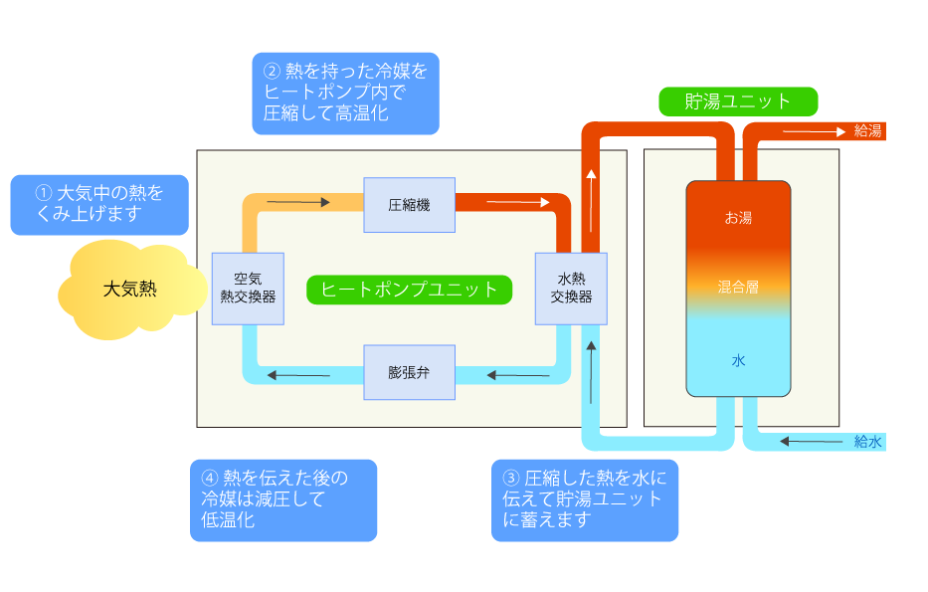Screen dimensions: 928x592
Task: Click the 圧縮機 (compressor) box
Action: [x=409, y=205]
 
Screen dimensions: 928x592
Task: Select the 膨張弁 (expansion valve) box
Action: [x=409, y=372]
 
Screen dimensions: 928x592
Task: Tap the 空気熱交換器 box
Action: [x=248, y=289]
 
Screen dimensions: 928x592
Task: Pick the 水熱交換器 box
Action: [x=571, y=289]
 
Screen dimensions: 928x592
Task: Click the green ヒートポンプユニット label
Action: [x=409, y=290]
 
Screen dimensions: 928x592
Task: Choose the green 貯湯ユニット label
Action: [x=738, y=101]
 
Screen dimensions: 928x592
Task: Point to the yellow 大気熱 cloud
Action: [x=131, y=290]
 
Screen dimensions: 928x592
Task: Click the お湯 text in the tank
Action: [x=738, y=218]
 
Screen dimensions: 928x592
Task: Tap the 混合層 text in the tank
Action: [x=738, y=288]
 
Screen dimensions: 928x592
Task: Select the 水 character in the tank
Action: [x=738, y=360]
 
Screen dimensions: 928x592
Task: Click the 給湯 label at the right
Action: [x=867, y=130]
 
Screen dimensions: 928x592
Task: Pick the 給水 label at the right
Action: [x=867, y=441]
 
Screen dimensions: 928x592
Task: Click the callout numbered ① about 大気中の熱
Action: [x=99, y=205]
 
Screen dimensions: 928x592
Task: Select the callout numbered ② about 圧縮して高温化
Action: [x=345, y=94]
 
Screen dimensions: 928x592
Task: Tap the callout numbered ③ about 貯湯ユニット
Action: [x=585, y=500]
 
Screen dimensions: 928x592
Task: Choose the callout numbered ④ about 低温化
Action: [x=283, y=500]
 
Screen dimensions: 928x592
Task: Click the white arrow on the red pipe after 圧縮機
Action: [x=518, y=202]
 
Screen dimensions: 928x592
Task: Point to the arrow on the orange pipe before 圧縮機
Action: [x=298, y=202]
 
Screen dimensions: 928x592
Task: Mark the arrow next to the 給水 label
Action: [x=811, y=441]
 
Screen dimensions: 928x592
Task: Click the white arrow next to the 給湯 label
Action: [x=815, y=131]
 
